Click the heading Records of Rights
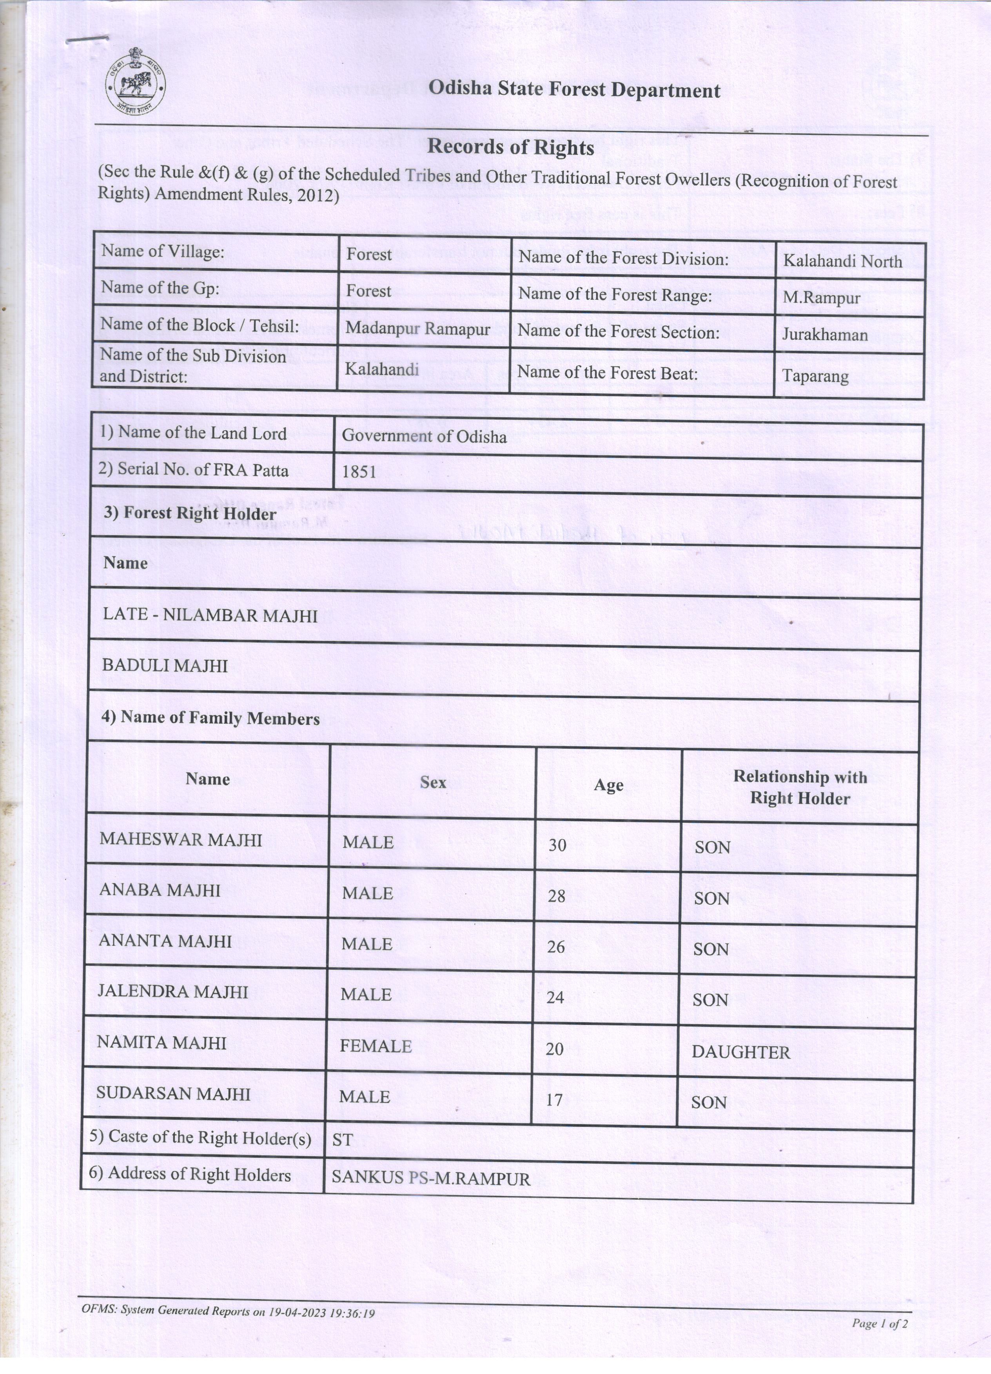[510, 147]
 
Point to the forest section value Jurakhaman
[824, 335]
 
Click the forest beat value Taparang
[815, 376]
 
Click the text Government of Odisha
[424, 436]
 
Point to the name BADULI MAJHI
[165, 666]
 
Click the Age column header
[608, 785]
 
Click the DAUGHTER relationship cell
[741, 1052]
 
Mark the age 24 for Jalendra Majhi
[555, 997]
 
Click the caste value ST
[343, 1140]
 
